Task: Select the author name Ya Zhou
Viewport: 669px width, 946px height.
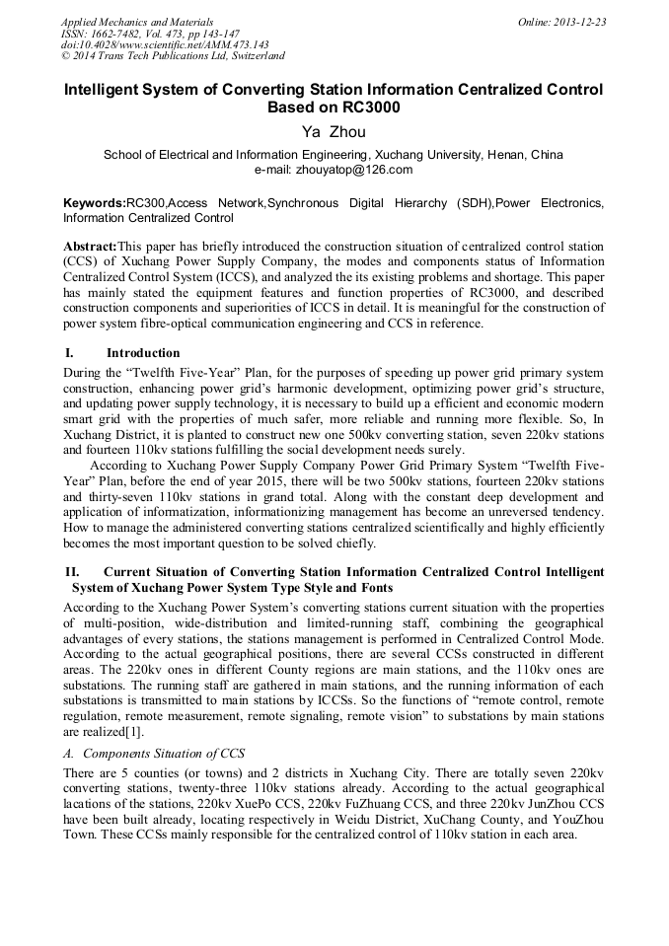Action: (334, 133)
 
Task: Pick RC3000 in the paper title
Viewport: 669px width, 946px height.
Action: (334, 108)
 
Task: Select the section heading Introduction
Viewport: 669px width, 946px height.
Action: (143, 353)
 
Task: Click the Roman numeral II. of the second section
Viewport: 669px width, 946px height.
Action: (72, 572)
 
